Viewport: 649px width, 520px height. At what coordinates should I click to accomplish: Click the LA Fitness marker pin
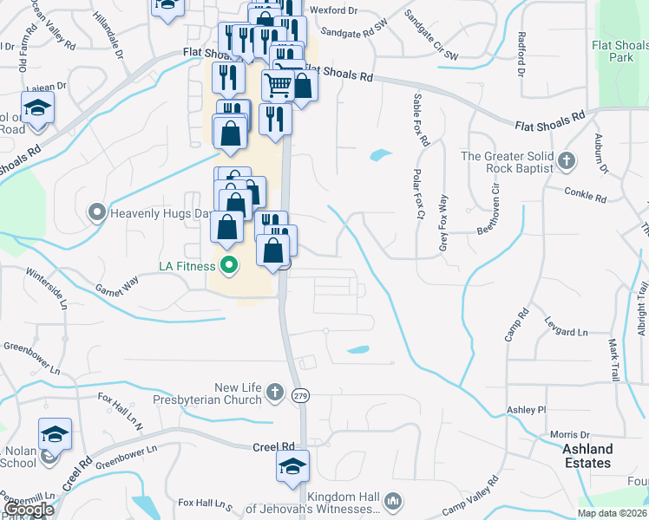229,265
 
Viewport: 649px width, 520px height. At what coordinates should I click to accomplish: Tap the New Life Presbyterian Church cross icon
274,393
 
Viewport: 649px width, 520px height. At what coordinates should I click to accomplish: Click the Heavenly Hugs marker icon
96,211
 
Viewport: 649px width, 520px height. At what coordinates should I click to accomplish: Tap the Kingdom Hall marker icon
392,501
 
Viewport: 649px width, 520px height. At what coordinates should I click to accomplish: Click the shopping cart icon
278,85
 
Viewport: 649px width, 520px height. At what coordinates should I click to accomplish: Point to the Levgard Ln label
566,332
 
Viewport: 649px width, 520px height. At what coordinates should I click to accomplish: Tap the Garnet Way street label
116,285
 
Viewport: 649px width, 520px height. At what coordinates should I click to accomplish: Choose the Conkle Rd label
585,194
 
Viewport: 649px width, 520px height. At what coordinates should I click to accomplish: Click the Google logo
29,510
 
